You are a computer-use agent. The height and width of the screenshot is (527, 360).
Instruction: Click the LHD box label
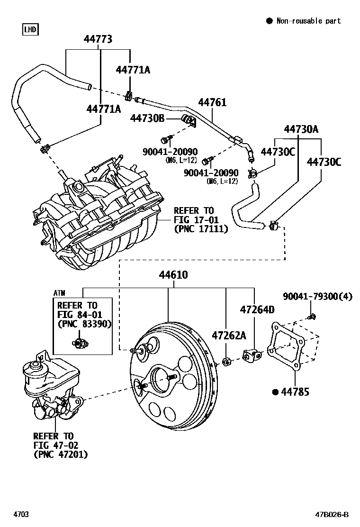pos(30,30)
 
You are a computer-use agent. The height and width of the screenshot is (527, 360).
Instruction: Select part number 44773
pos(98,39)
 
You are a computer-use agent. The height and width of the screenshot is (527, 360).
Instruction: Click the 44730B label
pos(147,118)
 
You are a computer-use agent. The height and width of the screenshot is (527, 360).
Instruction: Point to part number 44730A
pos(301,129)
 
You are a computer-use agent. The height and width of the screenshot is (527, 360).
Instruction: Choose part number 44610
pos(173,275)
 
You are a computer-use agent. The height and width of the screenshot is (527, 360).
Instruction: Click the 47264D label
pos(257,310)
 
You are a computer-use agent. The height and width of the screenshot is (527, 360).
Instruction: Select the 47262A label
pos(229,336)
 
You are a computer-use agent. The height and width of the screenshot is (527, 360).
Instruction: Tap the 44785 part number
pos(295,392)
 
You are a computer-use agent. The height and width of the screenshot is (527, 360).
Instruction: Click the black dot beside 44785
pos(275,392)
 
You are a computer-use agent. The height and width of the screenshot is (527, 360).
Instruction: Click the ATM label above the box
pos(59,293)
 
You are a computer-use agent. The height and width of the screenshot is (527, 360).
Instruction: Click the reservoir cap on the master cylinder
pos(34,366)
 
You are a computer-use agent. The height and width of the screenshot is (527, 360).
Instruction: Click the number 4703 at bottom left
pos(21,515)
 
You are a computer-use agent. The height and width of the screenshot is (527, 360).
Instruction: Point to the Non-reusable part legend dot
pos(269,20)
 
